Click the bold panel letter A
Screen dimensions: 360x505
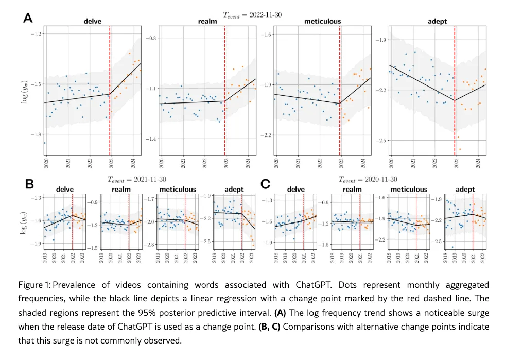(x=28, y=18)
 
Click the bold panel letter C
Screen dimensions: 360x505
(x=266, y=184)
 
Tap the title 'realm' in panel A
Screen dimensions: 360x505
(x=207, y=21)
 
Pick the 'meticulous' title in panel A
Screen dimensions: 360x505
(x=322, y=21)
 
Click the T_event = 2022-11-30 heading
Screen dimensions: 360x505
(x=252, y=15)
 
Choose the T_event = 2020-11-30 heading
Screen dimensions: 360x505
(x=368, y=179)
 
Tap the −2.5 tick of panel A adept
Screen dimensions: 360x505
(x=381, y=141)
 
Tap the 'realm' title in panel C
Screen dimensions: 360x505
(x=348, y=190)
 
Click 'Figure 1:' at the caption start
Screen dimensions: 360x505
(x=34, y=285)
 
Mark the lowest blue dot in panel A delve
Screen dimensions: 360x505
(x=45, y=143)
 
